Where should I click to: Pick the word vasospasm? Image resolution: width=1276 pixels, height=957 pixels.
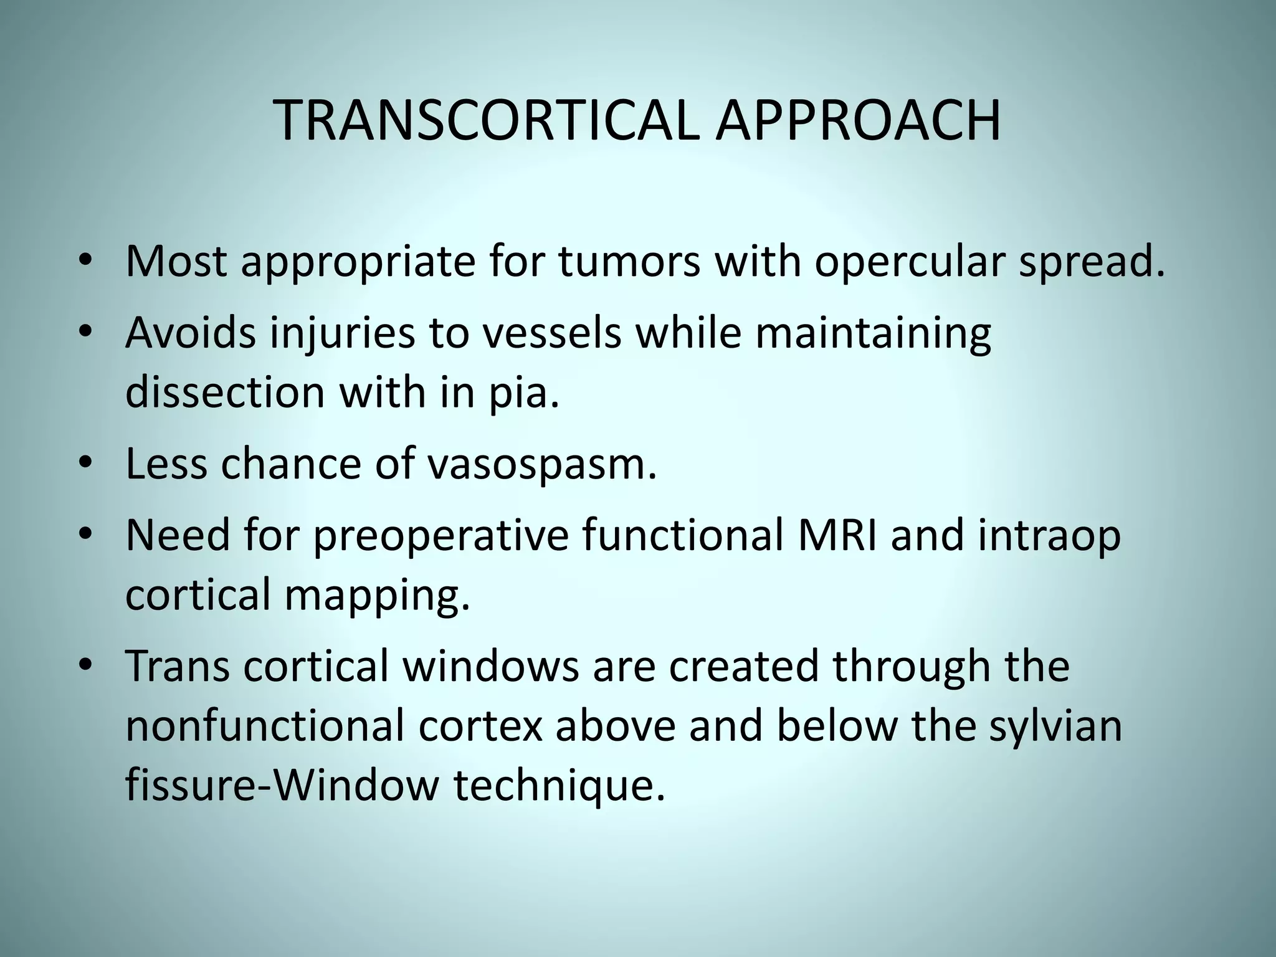tap(541, 464)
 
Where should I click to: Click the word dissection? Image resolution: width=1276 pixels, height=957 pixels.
tap(225, 393)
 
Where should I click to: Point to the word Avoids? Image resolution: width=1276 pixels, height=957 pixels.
tap(191, 333)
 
